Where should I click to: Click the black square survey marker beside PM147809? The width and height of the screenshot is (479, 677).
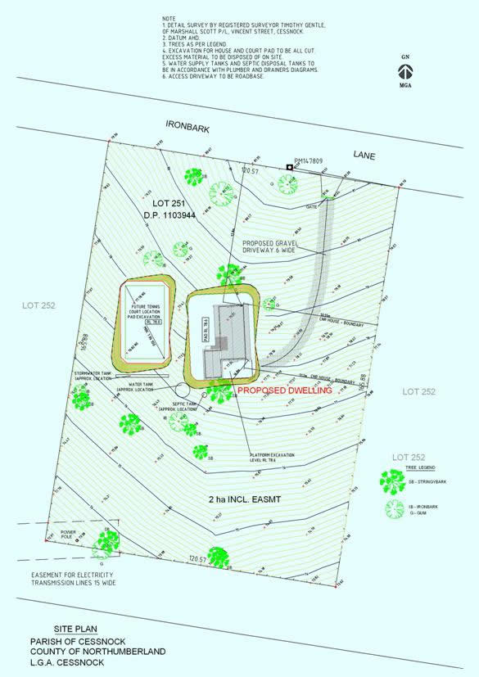pos(290,168)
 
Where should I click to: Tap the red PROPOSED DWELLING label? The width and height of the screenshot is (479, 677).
pos(284,391)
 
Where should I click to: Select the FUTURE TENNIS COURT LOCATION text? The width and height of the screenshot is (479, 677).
pos(146,312)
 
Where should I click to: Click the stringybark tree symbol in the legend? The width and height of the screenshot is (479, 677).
pos(387,481)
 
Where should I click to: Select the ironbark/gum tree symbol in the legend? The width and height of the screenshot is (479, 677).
pos(395,508)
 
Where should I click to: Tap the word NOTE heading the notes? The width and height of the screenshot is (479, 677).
pos(168,17)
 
